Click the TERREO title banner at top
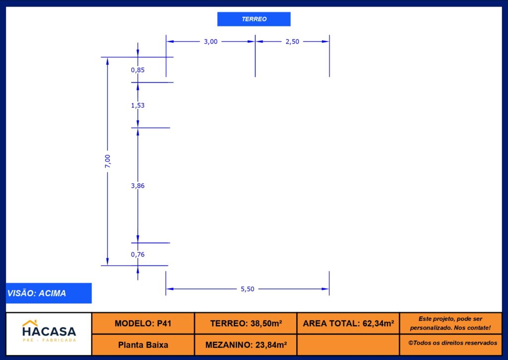point(254,19)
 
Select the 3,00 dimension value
point(210,42)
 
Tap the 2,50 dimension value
point(292,42)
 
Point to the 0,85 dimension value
point(138,70)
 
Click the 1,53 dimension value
point(138,105)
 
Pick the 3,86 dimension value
point(138,186)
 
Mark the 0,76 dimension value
point(138,255)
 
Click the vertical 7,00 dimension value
point(108,161)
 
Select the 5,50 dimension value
point(248,289)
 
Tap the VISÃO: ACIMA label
point(37,293)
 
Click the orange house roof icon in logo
point(30,323)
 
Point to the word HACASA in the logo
point(49,332)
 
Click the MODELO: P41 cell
point(143,323)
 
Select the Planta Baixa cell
point(143,345)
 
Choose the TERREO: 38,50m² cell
point(246,323)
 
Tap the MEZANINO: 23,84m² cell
point(246,345)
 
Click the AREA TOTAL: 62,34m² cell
point(348,323)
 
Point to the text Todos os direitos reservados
point(455,343)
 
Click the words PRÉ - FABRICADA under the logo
point(49,340)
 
